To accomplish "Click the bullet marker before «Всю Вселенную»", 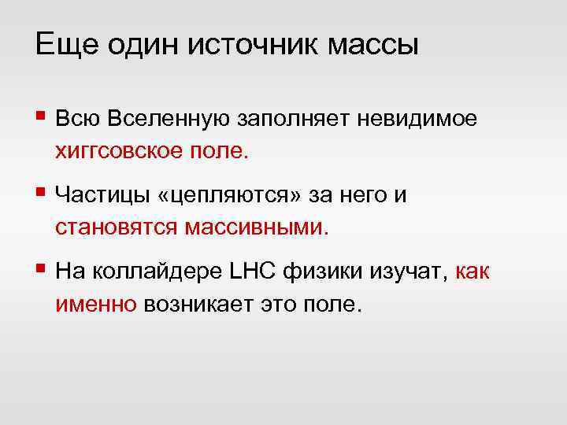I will tap(41, 118).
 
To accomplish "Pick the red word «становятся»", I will tap(117, 228).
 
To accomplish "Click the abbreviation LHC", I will tap(250, 272).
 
